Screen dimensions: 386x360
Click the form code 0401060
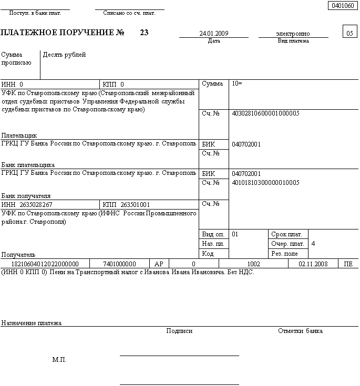tap(341, 6)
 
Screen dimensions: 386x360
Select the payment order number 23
tap(144, 33)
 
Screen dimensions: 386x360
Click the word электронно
tap(293, 34)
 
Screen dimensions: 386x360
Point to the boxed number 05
tap(349, 33)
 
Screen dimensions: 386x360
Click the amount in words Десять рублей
tap(65, 55)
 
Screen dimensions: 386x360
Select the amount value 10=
tap(237, 84)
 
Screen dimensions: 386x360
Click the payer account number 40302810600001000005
tap(265, 113)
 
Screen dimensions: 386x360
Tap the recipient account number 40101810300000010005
tap(265, 183)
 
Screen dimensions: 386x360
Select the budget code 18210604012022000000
tap(45, 264)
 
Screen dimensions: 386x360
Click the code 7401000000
tap(119, 264)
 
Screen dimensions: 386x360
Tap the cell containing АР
tap(159, 264)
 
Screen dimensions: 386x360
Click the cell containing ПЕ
tap(348, 264)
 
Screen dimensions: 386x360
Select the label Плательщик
tap(19, 135)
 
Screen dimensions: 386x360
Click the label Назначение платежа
tap(32, 323)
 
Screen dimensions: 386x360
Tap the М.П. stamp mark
tap(59, 360)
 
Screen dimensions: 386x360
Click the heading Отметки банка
tap(300, 331)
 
